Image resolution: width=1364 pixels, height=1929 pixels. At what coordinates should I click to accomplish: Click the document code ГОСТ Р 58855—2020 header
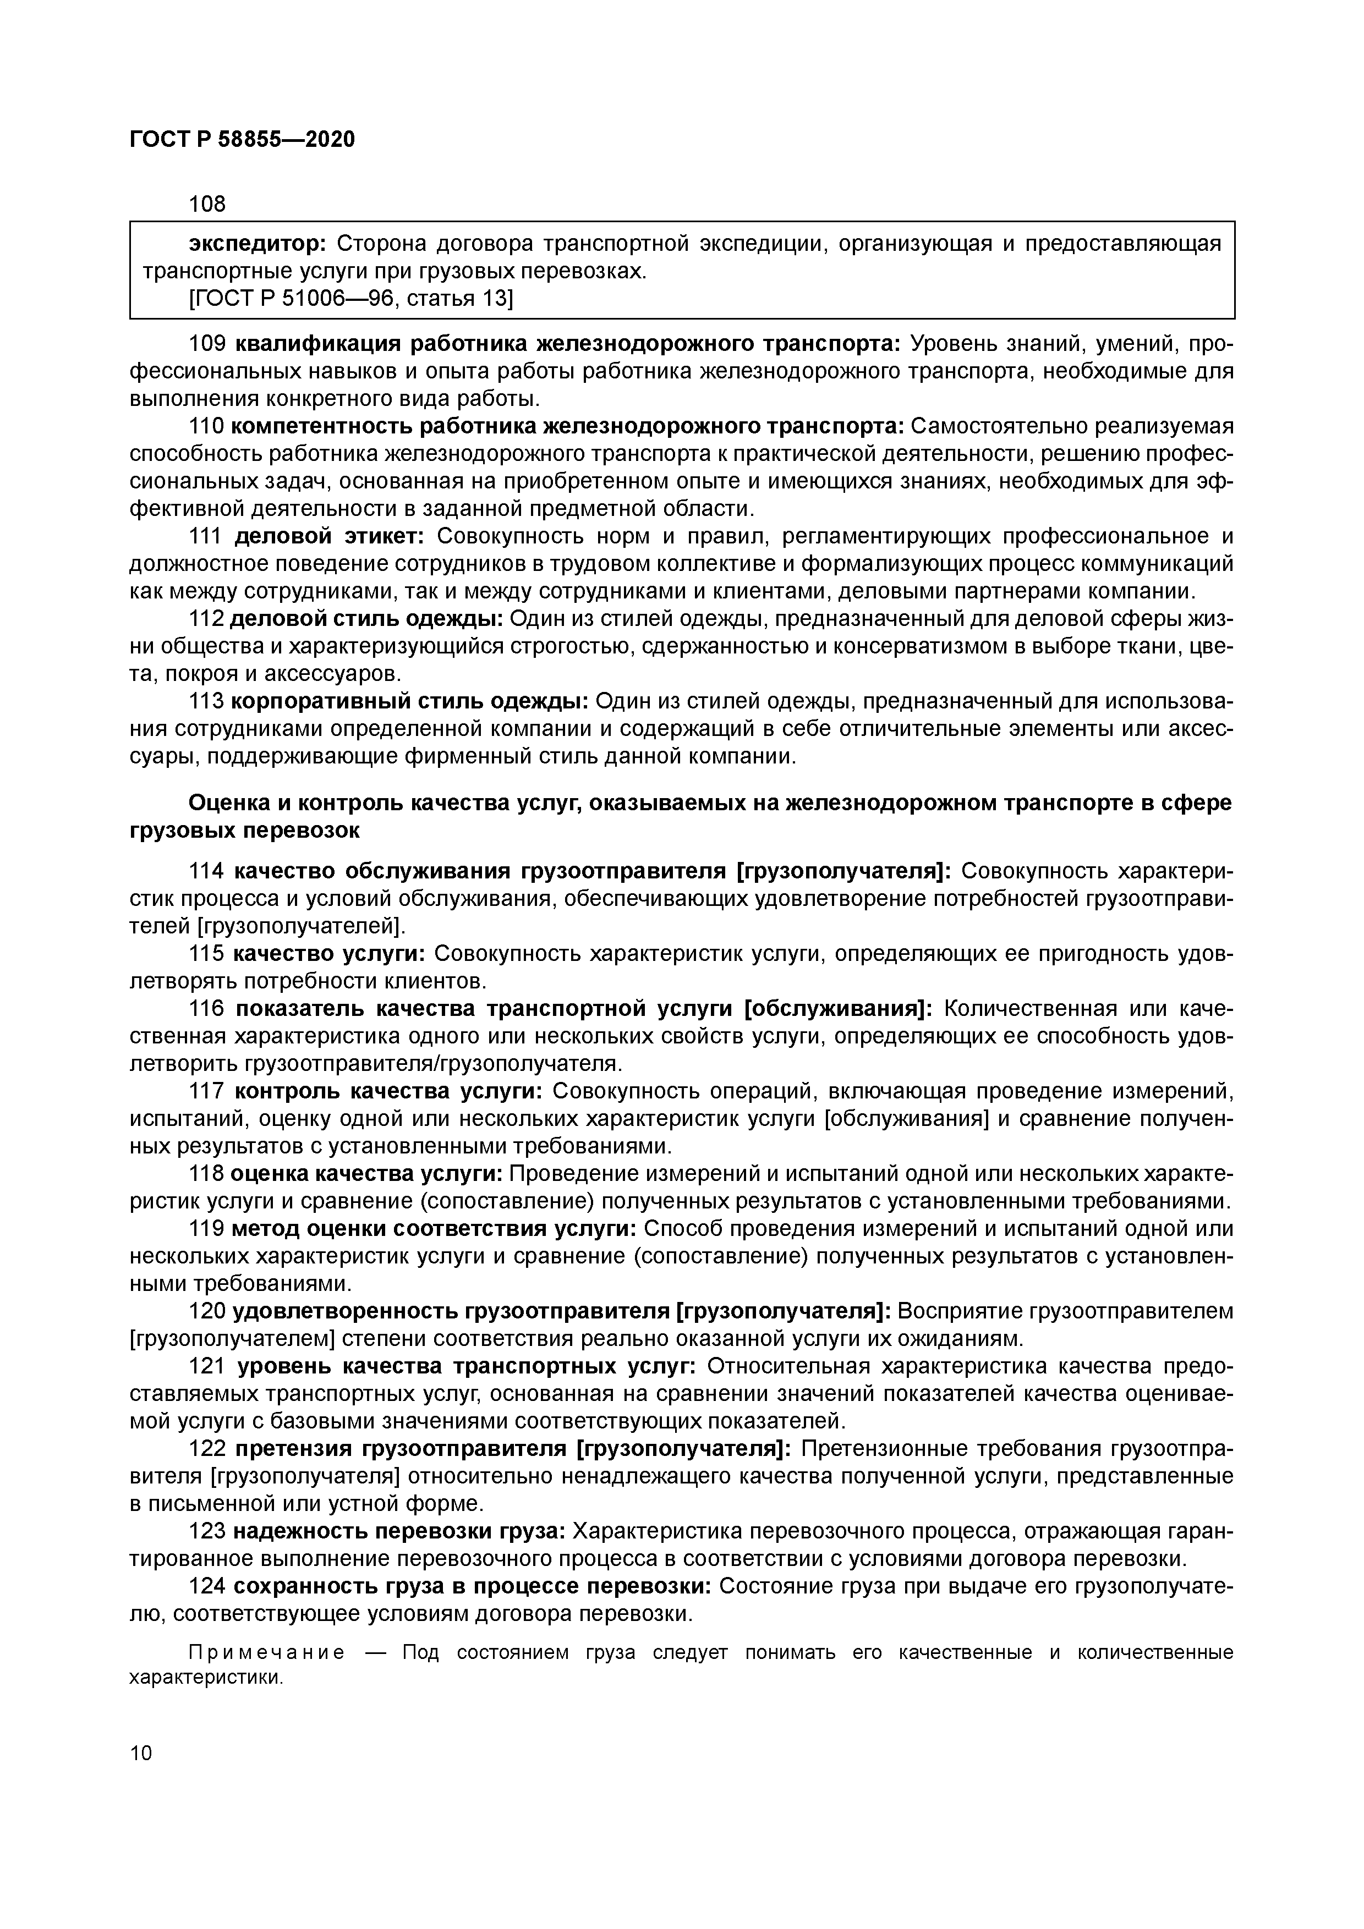point(242,140)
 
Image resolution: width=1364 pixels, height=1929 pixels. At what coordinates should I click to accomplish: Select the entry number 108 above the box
point(207,204)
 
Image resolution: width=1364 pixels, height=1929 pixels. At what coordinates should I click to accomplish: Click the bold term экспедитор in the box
point(257,244)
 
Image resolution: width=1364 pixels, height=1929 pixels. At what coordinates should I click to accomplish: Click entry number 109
point(207,344)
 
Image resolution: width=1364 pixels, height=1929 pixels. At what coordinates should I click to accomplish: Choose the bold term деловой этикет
point(331,537)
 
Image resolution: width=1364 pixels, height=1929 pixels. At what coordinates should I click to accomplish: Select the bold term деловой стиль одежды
point(366,619)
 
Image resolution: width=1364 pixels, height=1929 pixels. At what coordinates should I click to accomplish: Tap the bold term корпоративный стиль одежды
point(409,701)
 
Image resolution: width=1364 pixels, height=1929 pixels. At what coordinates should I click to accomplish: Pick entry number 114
point(207,871)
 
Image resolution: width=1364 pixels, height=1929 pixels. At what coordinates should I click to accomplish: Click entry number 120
point(207,1311)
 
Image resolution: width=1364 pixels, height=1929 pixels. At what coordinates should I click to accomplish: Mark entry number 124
point(207,1586)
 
